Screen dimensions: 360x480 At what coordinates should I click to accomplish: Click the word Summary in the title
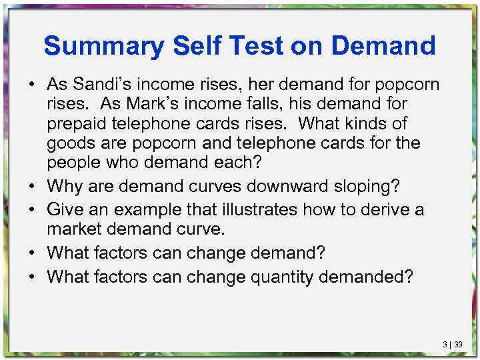click(103, 46)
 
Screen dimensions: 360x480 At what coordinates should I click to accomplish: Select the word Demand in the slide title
click(383, 46)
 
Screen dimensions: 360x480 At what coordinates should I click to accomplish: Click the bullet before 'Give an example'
click(31, 209)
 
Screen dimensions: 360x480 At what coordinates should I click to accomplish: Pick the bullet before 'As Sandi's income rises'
click(31, 85)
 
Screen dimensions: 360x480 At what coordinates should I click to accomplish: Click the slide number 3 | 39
click(453, 345)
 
